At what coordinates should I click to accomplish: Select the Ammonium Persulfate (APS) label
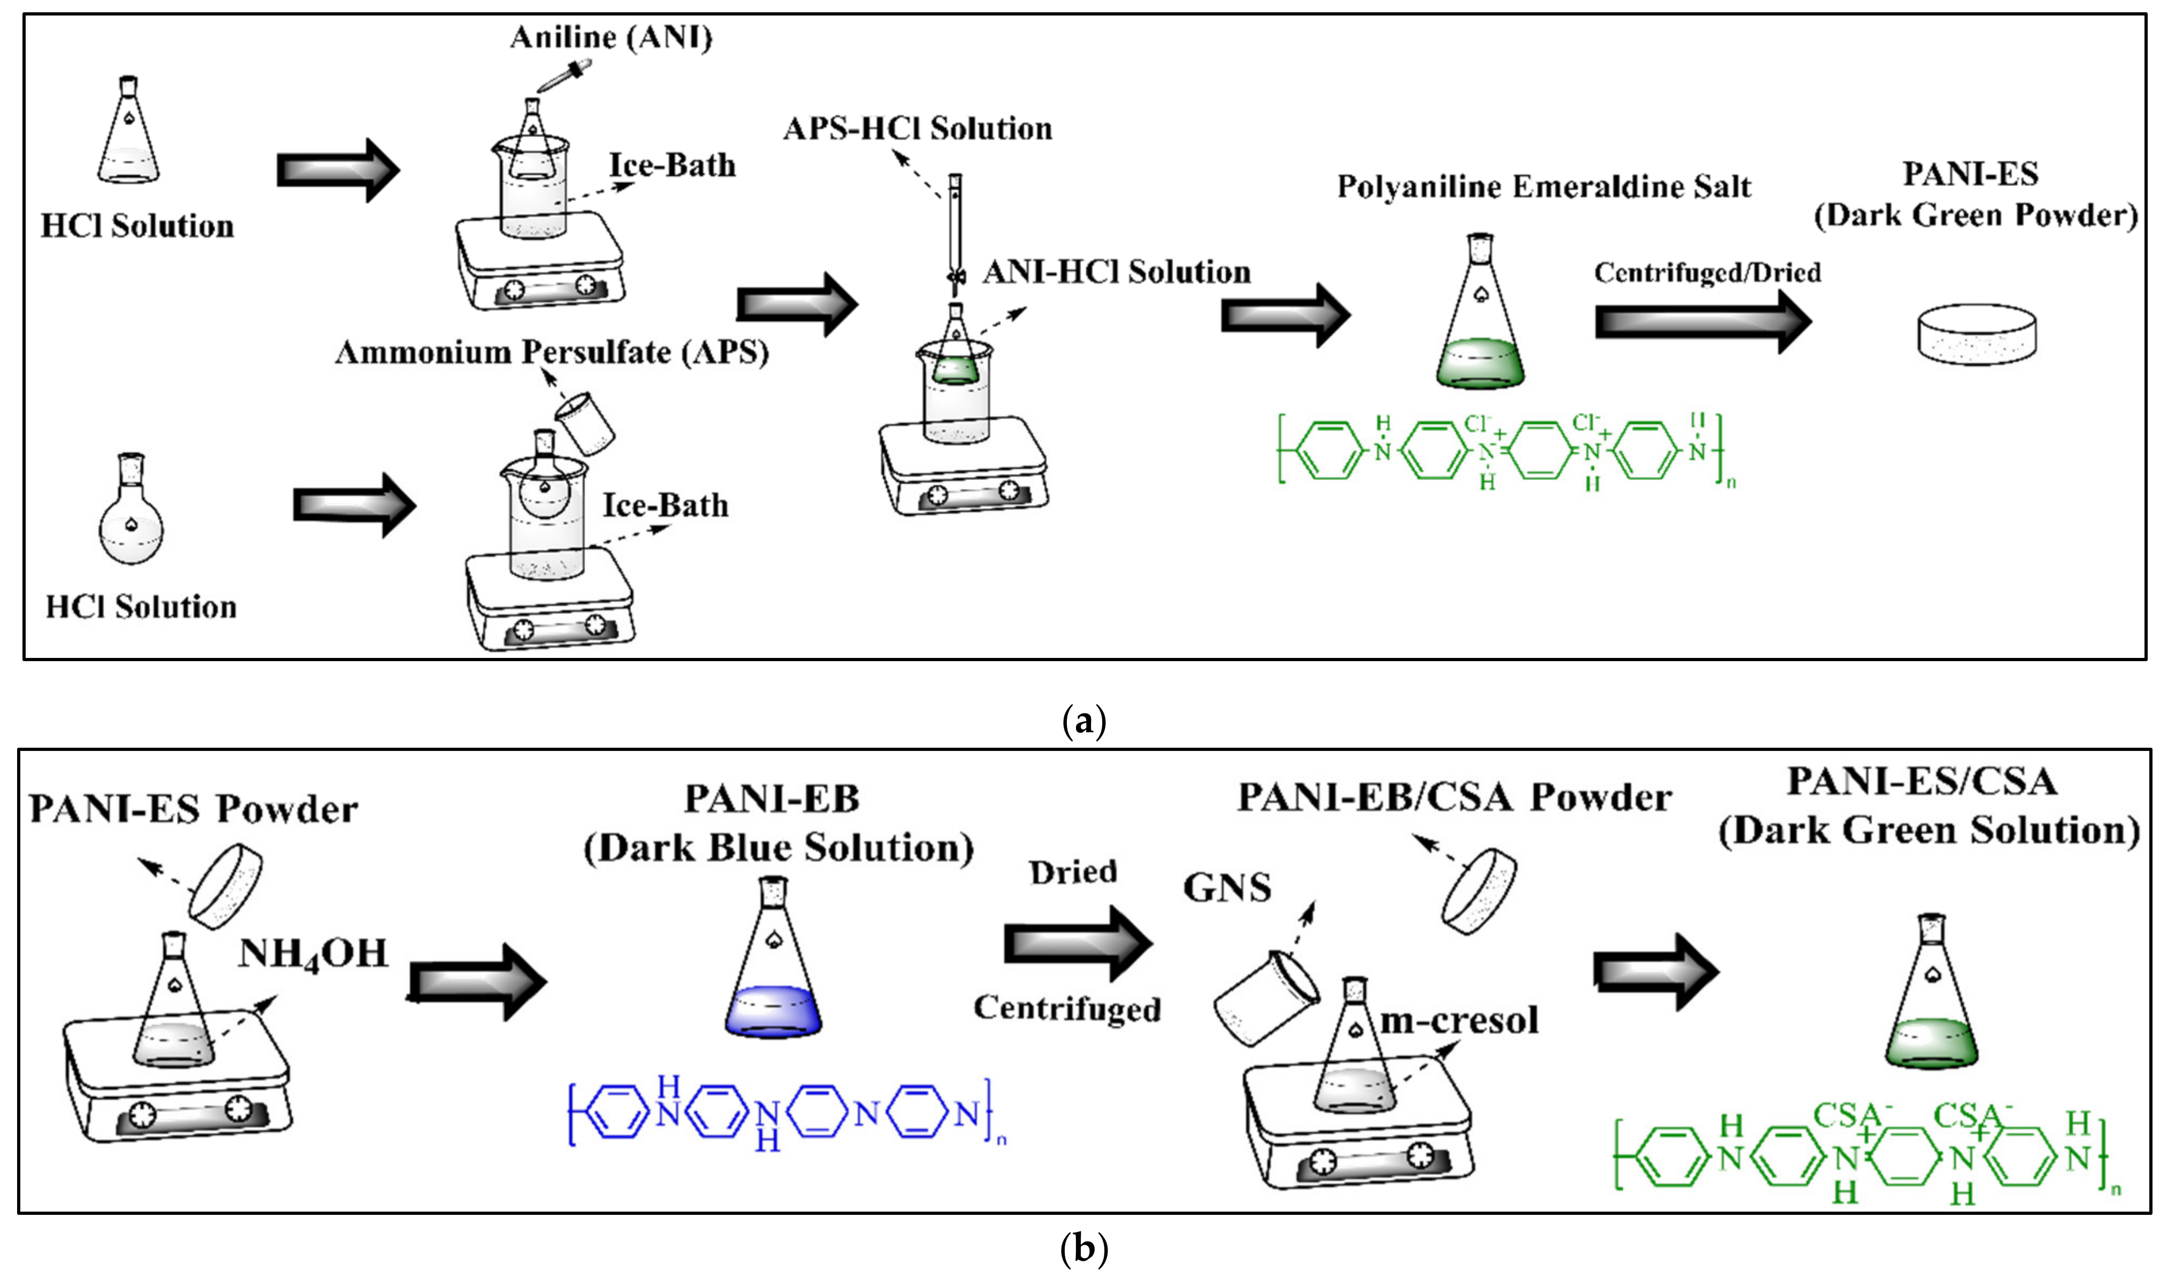click(552, 352)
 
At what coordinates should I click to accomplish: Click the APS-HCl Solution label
click(917, 128)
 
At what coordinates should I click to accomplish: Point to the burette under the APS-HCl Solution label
click(956, 234)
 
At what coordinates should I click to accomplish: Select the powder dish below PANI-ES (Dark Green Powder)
click(1976, 334)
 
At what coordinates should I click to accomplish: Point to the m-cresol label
click(1459, 1021)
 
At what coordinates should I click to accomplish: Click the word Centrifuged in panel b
click(1067, 1009)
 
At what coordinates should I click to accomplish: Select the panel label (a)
click(1083, 720)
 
